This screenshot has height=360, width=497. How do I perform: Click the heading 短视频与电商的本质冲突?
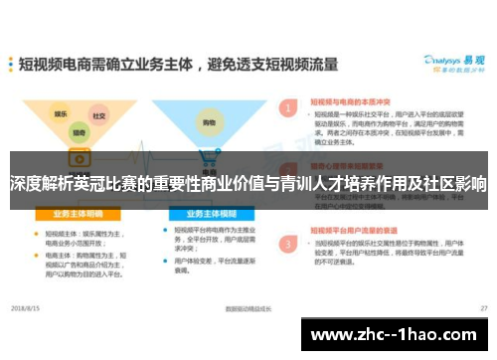pos(351,100)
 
